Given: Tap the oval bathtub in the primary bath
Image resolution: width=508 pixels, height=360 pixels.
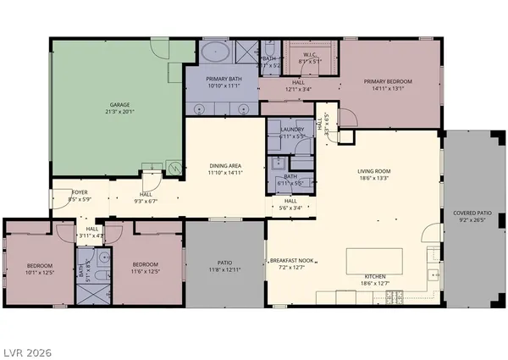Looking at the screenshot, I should coord(217,53).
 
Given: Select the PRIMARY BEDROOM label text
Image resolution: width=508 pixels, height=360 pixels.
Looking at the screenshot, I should coord(390,83).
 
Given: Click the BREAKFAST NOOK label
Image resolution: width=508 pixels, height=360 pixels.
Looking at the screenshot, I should coord(291,260).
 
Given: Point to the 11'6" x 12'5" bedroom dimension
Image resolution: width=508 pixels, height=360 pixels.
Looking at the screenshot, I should coord(146,272).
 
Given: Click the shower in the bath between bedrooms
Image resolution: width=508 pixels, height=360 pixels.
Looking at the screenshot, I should coord(88,292).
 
